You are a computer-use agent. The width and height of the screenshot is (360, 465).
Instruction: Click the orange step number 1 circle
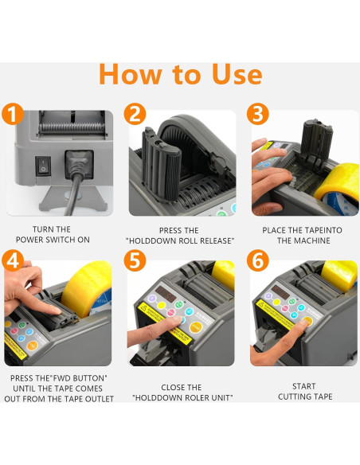click(13, 114)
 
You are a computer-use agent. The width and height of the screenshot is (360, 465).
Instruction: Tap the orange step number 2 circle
click(135, 114)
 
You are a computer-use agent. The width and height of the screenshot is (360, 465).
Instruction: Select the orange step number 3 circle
click(258, 114)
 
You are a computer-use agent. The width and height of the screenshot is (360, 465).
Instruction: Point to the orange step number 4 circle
click(13, 261)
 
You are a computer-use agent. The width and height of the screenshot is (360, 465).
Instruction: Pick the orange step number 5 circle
click(135, 261)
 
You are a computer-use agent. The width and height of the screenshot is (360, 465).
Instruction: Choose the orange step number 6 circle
click(258, 261)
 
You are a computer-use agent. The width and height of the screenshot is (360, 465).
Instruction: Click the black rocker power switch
click(43, 166)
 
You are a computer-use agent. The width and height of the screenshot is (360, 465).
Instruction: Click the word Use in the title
click(237, 74)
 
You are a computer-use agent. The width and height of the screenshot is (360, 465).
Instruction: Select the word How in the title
click(131, 74)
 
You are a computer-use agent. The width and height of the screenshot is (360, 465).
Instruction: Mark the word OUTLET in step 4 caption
click(100, 399)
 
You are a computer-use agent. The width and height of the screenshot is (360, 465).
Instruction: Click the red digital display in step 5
click(166, 293)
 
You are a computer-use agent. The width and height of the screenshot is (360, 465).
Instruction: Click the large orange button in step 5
click(195, 327)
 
